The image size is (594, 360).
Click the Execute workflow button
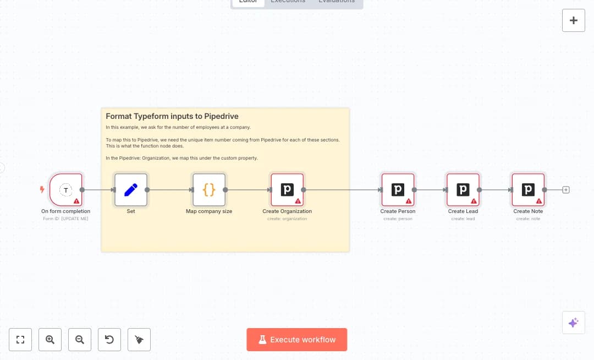pyautogui.click(x=296, y=340)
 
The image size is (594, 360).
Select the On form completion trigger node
pyautogui.click(x=66, y=190)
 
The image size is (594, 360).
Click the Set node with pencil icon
pyautogui.click(x=131, y=190)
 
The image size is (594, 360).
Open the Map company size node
pyautogui.click(x=209, y=190)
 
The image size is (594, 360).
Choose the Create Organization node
pyautogui.click(x=287, y=190)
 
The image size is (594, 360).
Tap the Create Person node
pyautogui.click(x=398, y=190)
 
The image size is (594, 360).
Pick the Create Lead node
pyautogui.click(x=463, y=190)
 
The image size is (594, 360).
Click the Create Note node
pyautogui.click(x=528, y=190)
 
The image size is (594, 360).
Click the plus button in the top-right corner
pyautogui.click(x=574, y=20)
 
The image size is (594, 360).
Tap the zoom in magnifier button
pyautogui.click(x=50, y=340)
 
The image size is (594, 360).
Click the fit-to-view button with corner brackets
pyautogui.click(x=20, y=340)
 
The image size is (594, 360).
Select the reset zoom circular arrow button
pyautogui.click(x=109, y=340)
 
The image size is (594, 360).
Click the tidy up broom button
pyautogui.click(x=139, y=340)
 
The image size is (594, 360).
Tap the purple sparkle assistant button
pyautogui.click(x=573, y=323)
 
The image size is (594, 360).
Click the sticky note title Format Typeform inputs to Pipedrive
pyautogui.click(x=172, y=116)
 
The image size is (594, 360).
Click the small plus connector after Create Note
pyautogui.click(x=566, y=190)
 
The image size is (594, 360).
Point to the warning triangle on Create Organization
pyautogui.click(x=298, y=201)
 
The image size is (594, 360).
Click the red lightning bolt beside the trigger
pyautogui.click(x=42, y=190)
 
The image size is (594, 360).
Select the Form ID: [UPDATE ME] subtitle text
pyautogui.click(x=65, y=219)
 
